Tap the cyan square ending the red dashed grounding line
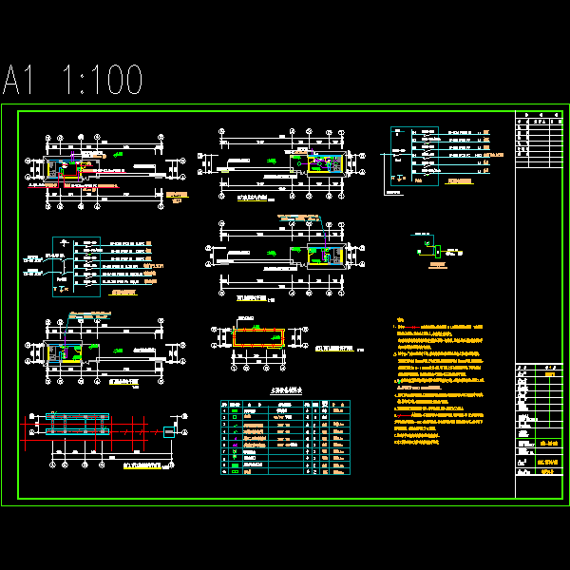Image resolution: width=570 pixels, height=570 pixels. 169,432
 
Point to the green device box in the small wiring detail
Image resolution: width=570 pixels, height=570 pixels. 437,251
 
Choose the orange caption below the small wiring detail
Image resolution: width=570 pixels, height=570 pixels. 438,266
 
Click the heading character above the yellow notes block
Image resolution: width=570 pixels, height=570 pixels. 401,320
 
